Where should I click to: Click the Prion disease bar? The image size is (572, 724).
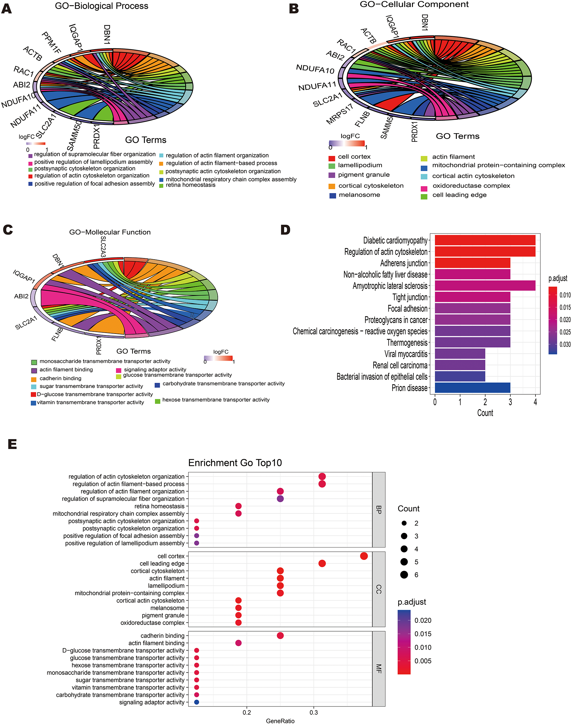click(x=472, y=388)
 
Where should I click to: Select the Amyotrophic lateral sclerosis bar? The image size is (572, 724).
click(x=485, y=286)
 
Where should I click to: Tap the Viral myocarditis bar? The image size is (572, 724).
click(x=459, y=354)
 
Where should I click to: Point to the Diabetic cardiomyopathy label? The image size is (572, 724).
click(x=395, y=240)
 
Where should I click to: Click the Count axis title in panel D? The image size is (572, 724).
click(x=485, y=413)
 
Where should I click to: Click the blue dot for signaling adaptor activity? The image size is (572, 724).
click(x=197, y=702)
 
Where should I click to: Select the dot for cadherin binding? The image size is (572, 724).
click(x=280, y=635)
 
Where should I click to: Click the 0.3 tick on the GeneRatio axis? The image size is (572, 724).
click(x=313, y=712)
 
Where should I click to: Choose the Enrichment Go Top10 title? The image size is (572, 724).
click(x=235, y=463)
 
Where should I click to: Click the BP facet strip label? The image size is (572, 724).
click(x=379, y=509)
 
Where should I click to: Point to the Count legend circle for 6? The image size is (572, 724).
click(x=404, y=574)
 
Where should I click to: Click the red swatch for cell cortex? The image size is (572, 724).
click(x=332, y=158)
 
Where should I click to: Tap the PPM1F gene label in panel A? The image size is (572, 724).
click(x=51, y=43)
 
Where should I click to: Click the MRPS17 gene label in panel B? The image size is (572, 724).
click(x=339, y=114)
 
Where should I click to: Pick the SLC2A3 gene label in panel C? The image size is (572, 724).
click(x=103, y=247)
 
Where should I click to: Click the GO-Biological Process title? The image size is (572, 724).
click(x=101, y=6)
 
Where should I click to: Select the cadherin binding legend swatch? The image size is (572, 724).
click(x=34, y=380)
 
